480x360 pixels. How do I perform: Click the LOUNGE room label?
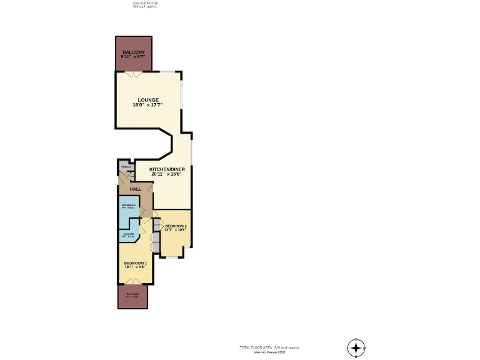point(149,99)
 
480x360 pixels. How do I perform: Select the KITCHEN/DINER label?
point(167,169)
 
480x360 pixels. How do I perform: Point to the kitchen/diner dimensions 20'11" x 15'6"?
point(167,174)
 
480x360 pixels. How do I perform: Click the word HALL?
point(135,189)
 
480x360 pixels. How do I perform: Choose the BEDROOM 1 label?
point(135,263)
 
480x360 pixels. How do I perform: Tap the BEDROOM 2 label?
point(175,226)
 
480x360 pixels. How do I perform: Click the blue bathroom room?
point(129,212)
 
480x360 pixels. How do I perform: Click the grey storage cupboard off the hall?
point(126,168)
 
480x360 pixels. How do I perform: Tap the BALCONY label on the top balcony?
point(133,52)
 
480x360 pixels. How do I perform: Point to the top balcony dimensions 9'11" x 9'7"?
point(133,57)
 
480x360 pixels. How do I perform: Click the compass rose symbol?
point(355,347)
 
